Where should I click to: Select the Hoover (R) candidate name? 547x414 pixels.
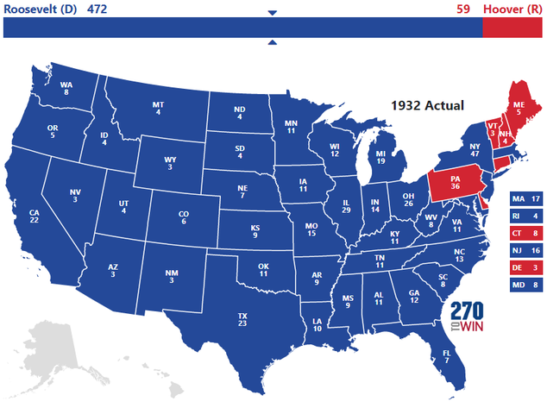[x=513, y=9]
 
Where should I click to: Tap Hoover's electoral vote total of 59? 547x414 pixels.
[x=463, y=9]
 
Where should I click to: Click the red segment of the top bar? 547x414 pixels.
[x=512, y=28]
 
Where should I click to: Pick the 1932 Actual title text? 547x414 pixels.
[x=427, y=105]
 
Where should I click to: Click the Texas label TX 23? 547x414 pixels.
[x=242, y=320]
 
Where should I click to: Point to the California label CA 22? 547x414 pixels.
[x=35, y=216]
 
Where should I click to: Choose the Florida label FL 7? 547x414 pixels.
[x=446, y=356]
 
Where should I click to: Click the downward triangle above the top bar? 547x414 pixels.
[x=273, y=13]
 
